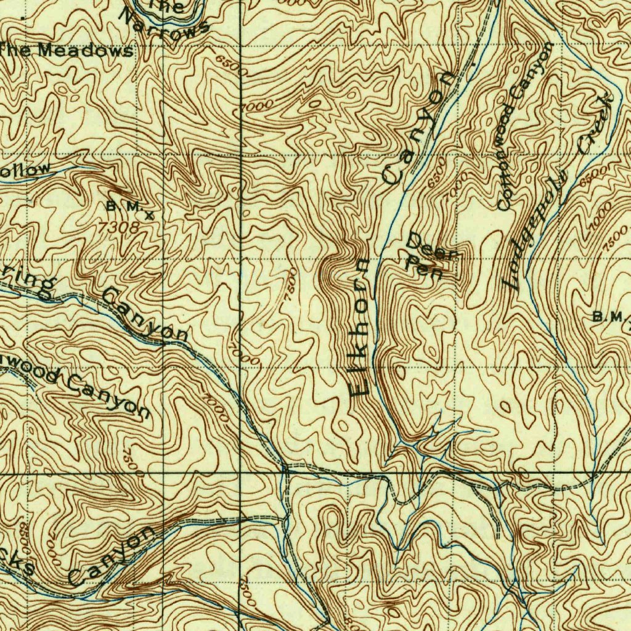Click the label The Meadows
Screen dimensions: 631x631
pos(68,51)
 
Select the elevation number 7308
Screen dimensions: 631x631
pos(119,227)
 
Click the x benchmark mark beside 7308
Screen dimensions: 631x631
pos(149,215)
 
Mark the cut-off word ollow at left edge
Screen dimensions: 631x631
pos(25,171)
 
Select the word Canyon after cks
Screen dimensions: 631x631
pos(111,557)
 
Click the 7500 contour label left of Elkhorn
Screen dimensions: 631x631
pos(291,284)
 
